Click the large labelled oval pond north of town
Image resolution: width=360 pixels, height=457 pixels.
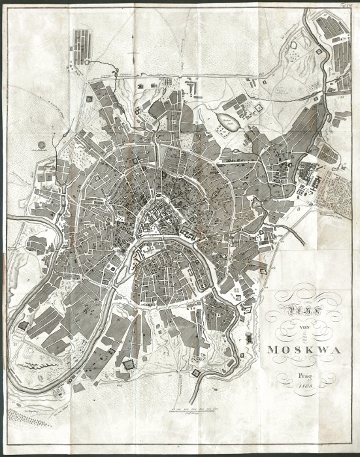(x=223, y=121)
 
